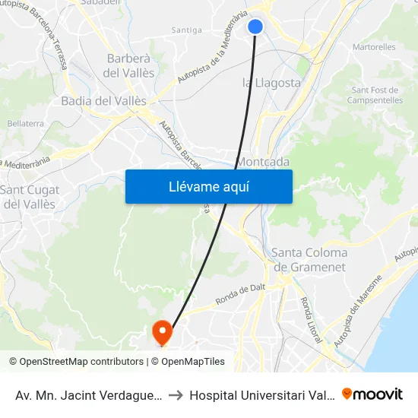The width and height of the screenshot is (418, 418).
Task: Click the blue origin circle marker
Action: (255, 27)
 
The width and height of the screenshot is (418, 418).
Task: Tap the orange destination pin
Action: (162, 331)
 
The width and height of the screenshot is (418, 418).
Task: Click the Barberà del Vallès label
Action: (130, 65)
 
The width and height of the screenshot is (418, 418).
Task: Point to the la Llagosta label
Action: (271, 83)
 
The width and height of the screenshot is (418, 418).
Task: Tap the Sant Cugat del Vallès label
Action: (29, 197)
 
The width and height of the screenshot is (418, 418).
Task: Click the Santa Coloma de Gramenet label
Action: (309, 259)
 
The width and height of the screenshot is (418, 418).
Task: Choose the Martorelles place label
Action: (374, 47)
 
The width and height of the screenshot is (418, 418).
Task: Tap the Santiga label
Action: (187, 30)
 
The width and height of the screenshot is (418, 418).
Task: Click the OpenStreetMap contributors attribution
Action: (81, 362)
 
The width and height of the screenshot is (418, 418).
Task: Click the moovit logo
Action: (372, 394)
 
